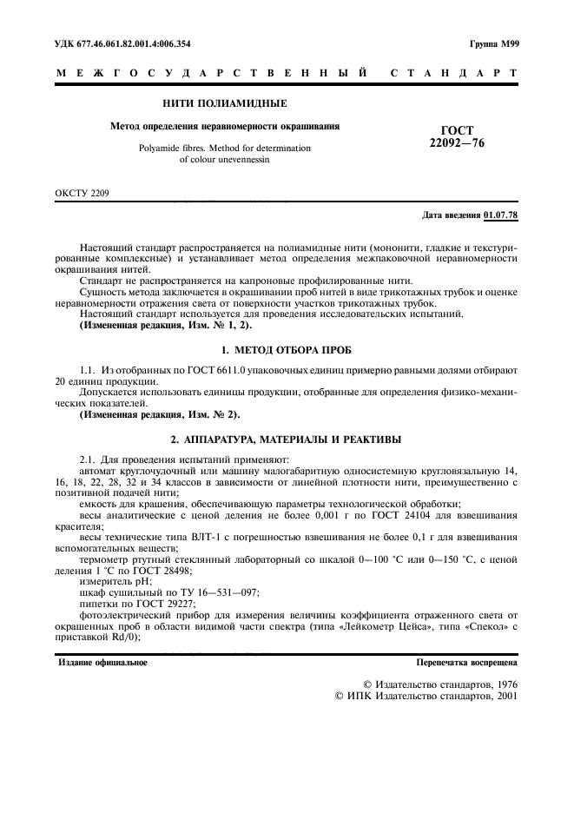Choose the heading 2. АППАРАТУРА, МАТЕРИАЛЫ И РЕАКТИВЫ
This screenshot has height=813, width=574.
[287, 440]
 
